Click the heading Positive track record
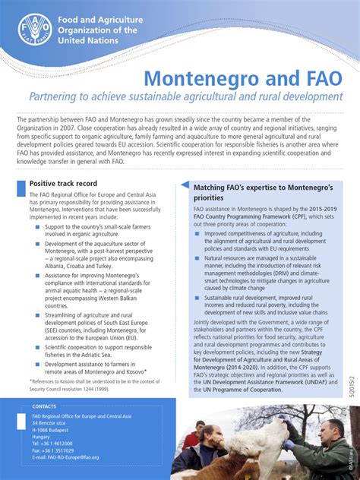[x=63, y=184]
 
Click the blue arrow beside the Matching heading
[x=185, y=187]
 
